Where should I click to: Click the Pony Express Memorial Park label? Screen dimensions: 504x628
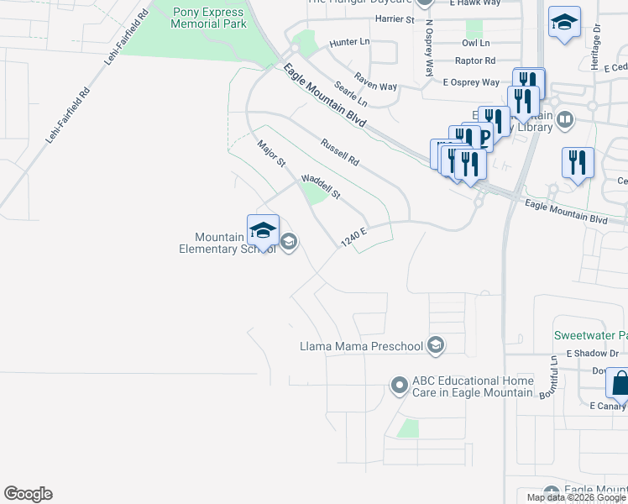(209, 18)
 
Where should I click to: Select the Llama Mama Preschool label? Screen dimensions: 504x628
(363, 345)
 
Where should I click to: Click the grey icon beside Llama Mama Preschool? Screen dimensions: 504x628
(435, 344)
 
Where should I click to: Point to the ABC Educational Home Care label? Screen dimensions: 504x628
(472, 386)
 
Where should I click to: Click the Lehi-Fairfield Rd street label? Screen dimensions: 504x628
(67, 116)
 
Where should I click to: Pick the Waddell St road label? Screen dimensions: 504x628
(321, 186)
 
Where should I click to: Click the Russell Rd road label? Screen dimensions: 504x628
(339, 151)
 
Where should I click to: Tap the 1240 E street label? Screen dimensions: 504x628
(355, 237)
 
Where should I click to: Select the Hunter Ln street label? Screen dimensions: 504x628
(350, 41)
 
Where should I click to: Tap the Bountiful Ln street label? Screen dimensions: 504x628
(554, 370)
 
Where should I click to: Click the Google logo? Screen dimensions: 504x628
(28, 494)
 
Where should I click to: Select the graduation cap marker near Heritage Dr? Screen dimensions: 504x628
(564, 23)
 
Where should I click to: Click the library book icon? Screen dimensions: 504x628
(566, 120)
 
